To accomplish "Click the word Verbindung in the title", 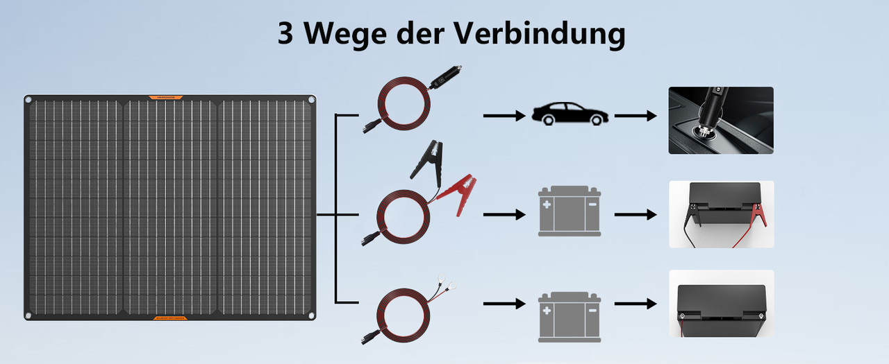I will point(545,34).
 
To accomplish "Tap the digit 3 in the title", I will point(285,34).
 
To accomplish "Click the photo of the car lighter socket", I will point(720,120).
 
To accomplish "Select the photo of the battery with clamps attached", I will point(721,214).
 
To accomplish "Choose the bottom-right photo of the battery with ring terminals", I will point(721,304).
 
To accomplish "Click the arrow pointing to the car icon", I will point(504,115).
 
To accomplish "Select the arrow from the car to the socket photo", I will point(635,115).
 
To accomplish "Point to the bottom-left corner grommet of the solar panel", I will point(28,316).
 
